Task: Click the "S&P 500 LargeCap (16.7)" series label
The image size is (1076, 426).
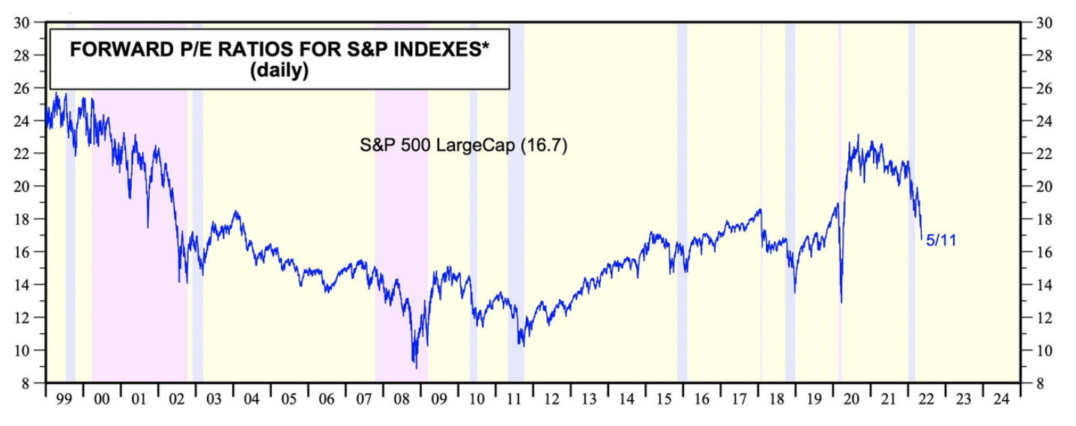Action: [464, 145]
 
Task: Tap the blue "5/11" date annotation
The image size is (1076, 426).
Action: [941, 241]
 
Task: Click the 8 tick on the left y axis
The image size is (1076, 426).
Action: [25, 383]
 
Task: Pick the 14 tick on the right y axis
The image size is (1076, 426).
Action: [1045, 285]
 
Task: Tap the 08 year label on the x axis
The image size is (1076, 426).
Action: [402, 400]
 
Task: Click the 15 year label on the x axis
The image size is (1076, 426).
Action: [664, 400]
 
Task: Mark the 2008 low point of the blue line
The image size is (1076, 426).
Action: [416, 367]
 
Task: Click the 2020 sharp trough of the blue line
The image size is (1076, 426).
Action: [841, 301]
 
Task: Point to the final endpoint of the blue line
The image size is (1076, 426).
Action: [922, 239]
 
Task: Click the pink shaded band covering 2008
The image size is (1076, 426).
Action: [401, 225]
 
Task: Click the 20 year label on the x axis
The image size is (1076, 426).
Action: [851, 400]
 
